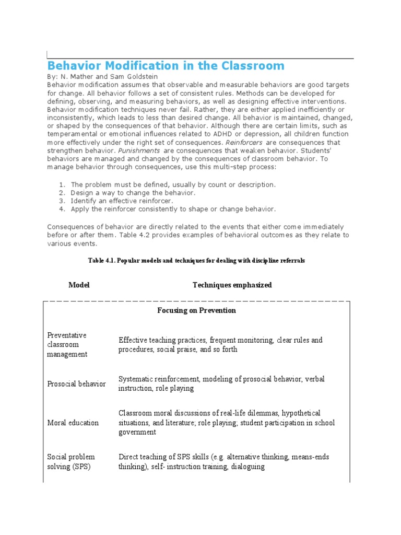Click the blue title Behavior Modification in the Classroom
pos(166,66)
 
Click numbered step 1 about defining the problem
pos(173,184)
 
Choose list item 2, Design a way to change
pos(133,193)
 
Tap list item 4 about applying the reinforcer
pos(173,209)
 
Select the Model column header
pos(79,285)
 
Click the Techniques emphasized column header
pos(232,285)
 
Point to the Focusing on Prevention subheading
pos(196,310)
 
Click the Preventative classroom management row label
pos(68,345)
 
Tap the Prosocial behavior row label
pos(76,384)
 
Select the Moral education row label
pos(73,423)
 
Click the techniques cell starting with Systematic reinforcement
pos(222,384)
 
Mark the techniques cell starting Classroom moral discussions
pos(227,423)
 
